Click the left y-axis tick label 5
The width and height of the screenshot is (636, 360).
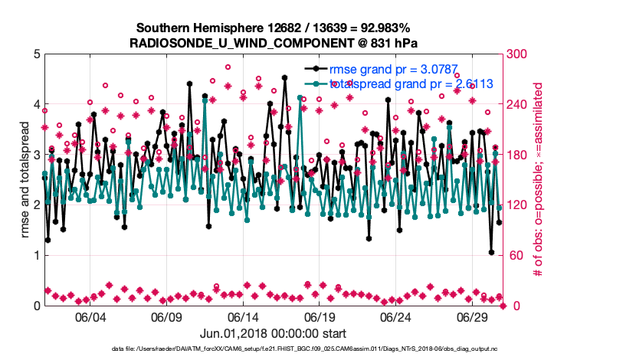(x=37, y=54)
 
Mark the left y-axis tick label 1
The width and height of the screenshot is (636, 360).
(x=37, y=255)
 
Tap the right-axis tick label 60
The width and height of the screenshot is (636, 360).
(x=513, y=255)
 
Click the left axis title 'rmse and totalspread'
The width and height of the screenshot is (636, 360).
(x=25, y=180)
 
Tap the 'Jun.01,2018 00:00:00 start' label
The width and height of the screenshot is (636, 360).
(x=274, y=333)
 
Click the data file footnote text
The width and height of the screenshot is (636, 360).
(x=274, y=349)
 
